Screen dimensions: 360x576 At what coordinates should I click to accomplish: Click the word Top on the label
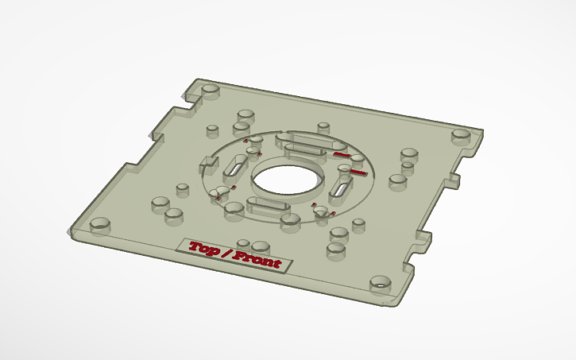tap(204, 249)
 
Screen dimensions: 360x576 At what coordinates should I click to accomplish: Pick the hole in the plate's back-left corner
tap(211, 88)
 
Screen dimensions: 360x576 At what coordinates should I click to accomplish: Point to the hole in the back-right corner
tap(461, 135)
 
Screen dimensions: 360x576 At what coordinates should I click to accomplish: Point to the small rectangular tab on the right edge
tap(454, 179)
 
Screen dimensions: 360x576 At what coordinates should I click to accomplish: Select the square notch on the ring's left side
tap(209, 162)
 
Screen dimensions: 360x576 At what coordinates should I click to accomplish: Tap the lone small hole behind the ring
tap(323, 126)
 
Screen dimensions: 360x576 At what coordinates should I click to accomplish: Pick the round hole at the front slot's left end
tap(234, 207)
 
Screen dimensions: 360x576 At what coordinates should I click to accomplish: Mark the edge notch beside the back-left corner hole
tap(191, 97)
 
